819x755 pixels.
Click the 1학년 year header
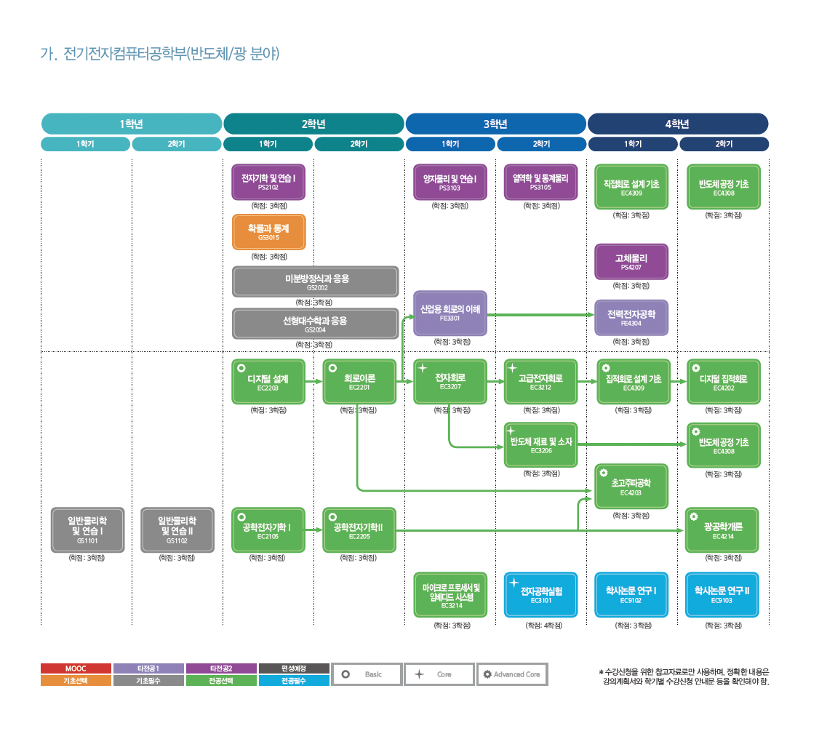[132, 124]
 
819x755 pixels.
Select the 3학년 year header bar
[495, 124]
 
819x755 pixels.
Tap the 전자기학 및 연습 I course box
[268, 182]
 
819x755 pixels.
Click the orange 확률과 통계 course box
[268, 232]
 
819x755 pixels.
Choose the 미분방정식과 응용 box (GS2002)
[316, 281]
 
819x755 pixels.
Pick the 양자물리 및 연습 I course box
[450, 182]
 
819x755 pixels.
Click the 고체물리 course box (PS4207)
[631, 261]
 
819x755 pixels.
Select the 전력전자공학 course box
[631, 318]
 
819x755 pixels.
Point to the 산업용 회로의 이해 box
[450, 313]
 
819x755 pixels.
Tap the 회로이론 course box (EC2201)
[359, 381]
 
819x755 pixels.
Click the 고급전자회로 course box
[541, 381]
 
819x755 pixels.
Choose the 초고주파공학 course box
[631, 486]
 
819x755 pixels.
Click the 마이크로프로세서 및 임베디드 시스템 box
[450, 595]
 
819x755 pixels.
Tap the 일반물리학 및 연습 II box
[177, 530]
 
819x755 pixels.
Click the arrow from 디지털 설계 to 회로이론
[314, 381]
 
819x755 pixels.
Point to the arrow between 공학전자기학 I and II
[314, 530]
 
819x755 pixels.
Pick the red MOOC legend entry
[76, 668]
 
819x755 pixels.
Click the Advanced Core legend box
[512, 674]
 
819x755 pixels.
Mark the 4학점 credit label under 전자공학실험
[541, 626]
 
